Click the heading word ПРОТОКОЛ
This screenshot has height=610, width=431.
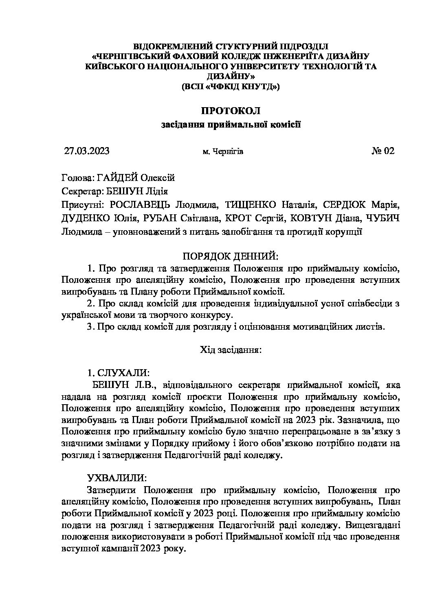[231, 110]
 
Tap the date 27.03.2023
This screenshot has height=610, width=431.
[87, 151]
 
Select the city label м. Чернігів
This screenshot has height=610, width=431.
[223, 152]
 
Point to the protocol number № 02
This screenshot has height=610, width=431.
[383, 151]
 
